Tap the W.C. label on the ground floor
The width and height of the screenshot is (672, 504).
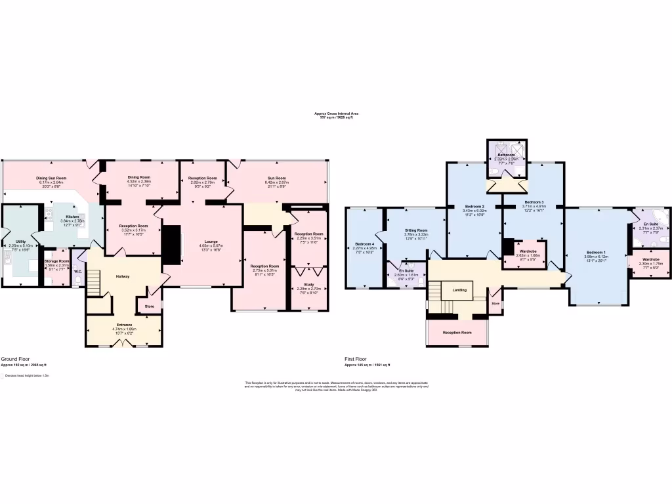point(77,271)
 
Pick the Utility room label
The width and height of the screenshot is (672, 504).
point(21,241)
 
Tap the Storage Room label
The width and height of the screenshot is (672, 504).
point(56,261)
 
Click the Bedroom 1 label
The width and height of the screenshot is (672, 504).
point(595,253)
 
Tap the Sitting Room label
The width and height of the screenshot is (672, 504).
point(416,230)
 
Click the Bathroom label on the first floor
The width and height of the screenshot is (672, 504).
point(506,155)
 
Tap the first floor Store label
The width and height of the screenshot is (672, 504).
point(495,304)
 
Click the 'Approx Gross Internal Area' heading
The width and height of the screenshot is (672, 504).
point(336,113)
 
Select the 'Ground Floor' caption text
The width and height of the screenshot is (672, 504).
point(12,359)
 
